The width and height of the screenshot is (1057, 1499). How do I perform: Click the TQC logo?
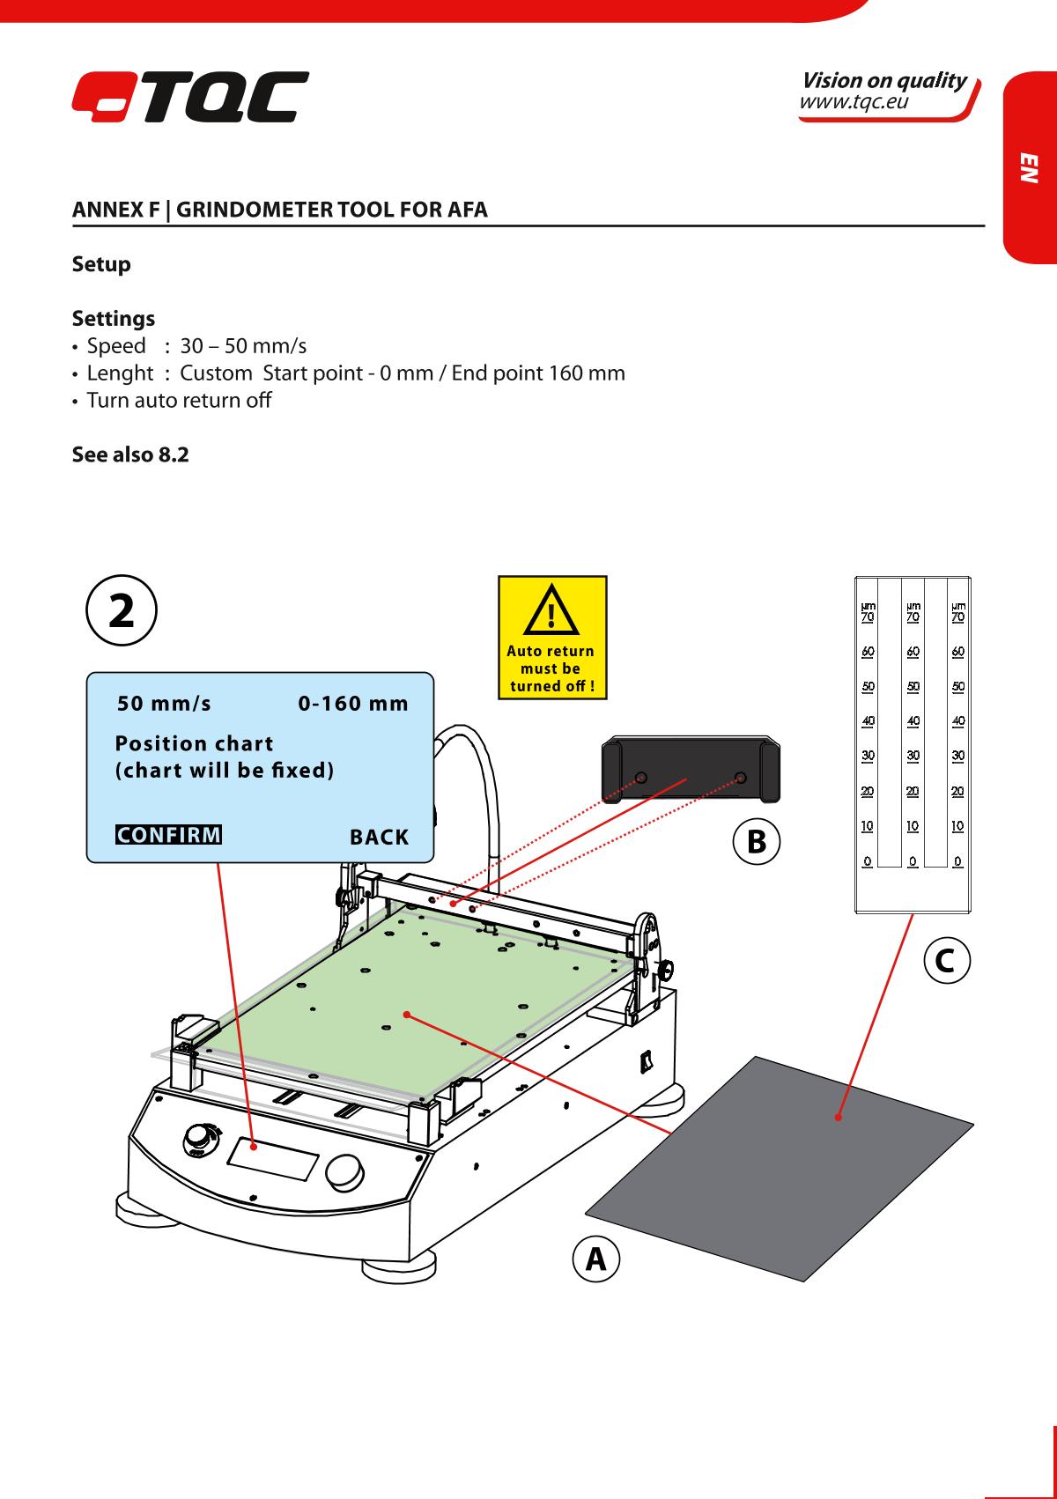(190, 97)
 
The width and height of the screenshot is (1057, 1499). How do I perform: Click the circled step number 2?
(122, 611)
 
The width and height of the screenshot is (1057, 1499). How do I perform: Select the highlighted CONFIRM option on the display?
(168, 834)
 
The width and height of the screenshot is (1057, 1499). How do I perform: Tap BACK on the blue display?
(379, 837)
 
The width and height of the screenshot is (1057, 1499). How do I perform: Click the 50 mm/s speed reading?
(165, 704)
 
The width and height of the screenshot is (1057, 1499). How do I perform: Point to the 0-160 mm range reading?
(353, 704)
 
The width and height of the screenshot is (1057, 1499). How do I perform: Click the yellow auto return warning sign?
(552, 637)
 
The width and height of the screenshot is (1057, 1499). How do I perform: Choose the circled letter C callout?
(946, 959)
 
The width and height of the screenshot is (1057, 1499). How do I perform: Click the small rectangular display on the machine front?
(274, 1157)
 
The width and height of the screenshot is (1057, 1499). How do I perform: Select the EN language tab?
(1029, 167)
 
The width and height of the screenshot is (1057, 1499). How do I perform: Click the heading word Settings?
(113, 318)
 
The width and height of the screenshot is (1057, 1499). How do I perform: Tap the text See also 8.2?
(130, 455)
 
